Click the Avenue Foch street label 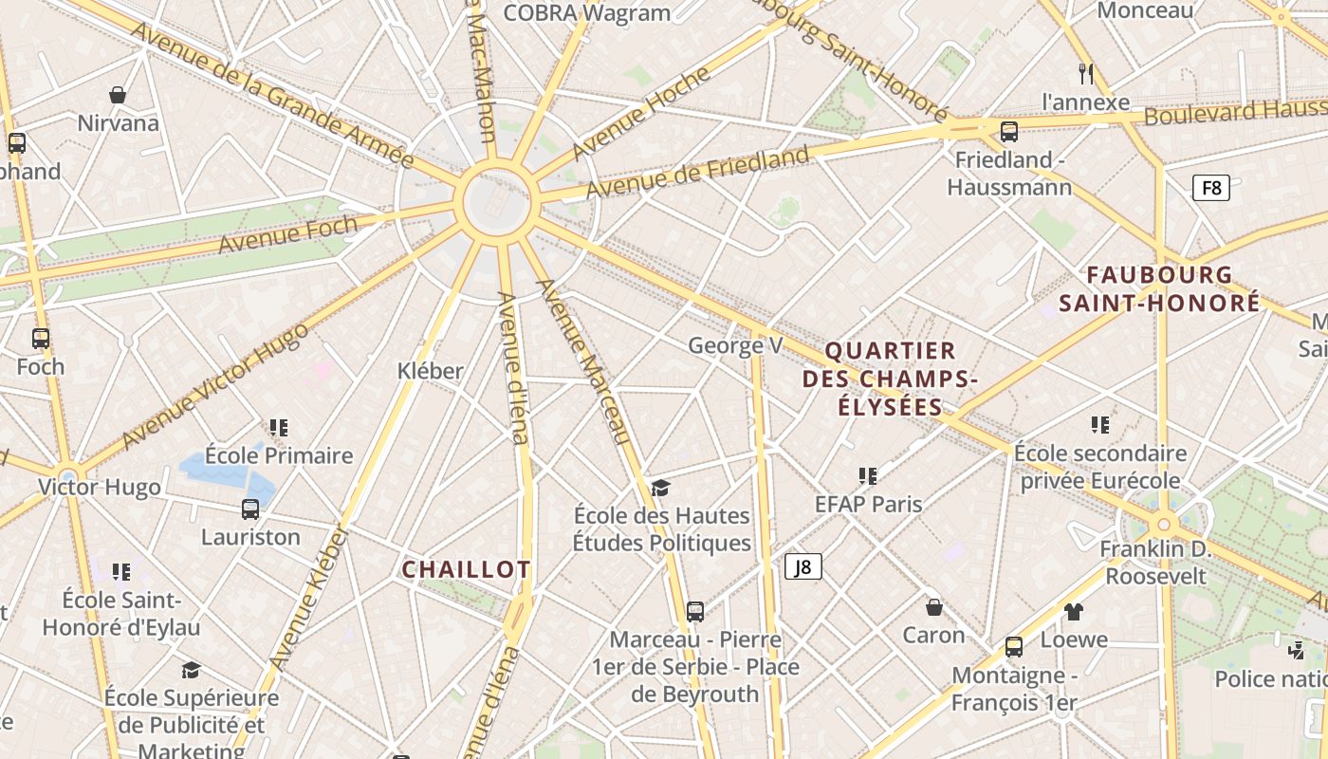288,233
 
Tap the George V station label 735,345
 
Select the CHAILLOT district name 466,569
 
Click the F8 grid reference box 1211,187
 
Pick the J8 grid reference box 802,567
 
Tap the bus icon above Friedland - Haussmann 1009,132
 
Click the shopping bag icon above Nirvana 118,95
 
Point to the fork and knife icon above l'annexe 1086,73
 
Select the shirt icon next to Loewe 1073,612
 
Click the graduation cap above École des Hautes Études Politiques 660,488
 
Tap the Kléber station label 431,371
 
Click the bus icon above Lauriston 250,509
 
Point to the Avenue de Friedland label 697,172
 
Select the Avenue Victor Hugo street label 215,384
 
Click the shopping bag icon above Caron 933,607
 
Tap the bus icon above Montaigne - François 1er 1014,647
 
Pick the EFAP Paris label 868,504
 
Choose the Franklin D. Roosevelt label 1154,563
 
